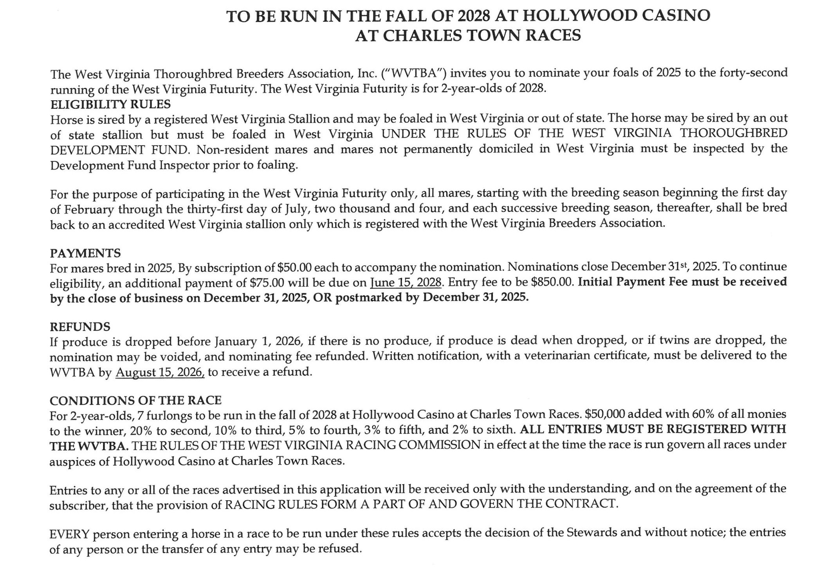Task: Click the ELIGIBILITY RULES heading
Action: coord(110,105)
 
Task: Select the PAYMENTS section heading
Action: coord(85,253)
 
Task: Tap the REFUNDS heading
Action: coord(80,327)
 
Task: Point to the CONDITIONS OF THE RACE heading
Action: coord(135,400)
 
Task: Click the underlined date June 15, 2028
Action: coord(406,282)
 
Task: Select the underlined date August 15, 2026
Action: coord(160,372)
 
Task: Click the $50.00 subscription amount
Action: coord(294,268)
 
